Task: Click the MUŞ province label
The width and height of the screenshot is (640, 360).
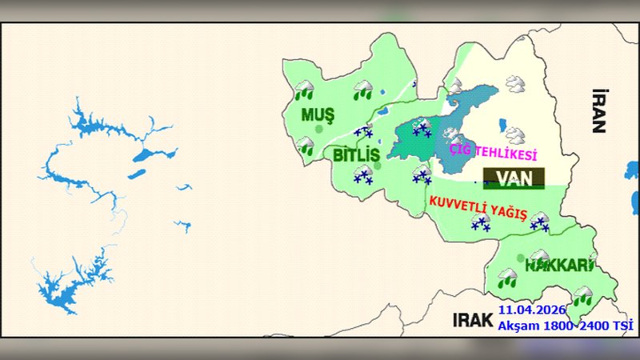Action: point(318,114)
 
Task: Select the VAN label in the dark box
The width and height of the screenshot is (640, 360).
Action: point(514,178)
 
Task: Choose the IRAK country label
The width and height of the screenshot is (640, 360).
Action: point(472,319)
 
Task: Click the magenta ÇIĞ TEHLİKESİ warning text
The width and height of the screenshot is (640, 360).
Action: point(494,152)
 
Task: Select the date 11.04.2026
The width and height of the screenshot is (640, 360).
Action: point(532,310)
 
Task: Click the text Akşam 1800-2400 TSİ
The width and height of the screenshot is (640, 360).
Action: point(565,325)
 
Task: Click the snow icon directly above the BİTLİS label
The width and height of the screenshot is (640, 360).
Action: point(363,133)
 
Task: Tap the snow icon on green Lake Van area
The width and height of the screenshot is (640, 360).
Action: point(422,126)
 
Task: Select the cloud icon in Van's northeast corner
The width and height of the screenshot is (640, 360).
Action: point(514,83)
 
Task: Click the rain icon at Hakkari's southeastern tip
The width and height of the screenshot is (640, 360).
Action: point(583,295)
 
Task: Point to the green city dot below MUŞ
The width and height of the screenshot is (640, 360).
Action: point(319,128)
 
